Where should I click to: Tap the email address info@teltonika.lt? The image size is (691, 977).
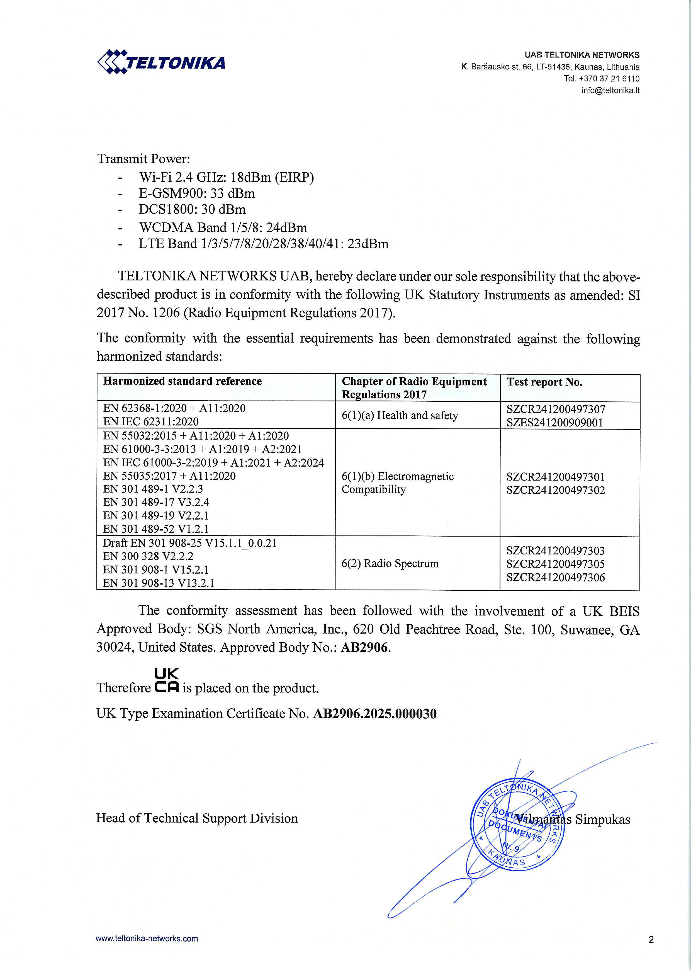pyautogui.click(x=610, y=90)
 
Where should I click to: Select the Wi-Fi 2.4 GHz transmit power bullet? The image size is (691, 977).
pyautogui.click(x=226, y=177)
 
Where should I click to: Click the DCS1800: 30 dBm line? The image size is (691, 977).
pyautogui.click(x=192, y=209)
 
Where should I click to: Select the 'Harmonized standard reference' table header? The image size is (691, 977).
pyautogui.click(x=182, y=381)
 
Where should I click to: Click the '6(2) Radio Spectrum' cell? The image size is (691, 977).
pyautogui.click(x=390, y=563)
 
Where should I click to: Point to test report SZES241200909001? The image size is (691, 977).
pyautogui.click(x=554, y=423)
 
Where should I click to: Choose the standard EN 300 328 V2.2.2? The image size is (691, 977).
pyautogui.click(x=148, y=556)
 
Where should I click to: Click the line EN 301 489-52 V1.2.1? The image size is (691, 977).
pyautogui.click(x=156, y=529)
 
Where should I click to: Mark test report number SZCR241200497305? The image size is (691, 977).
pyautogui.click(x=555, y=564)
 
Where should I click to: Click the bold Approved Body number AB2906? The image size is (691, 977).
pyautogui.click(x=364, y=648)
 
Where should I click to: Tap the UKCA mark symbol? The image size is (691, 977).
pyautogui.click(x=166, y=681)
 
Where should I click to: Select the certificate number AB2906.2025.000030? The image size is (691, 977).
pyautogui.click(x=374, y=714)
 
